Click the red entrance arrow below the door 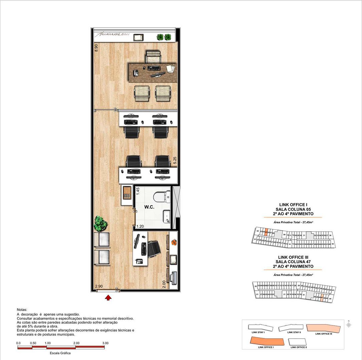coord(108,297)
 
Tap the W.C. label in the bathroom coord(149,207)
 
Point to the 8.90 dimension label coord(96,48)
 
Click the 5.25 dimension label coord(174,160)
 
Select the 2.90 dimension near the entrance coord(99,286)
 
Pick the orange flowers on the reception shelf coord(173,242)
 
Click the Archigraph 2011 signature coord(112,34)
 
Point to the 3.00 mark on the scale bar coord(105,343)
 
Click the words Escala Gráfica coord(60,353)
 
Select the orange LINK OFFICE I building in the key coord(268,341)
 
